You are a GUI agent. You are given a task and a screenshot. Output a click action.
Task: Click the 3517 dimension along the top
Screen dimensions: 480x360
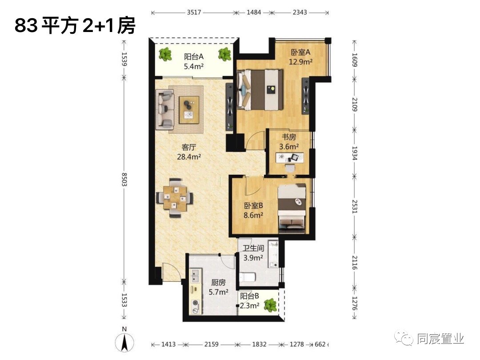[194, 12]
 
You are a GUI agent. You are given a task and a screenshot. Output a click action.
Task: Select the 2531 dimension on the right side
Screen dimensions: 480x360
[355, 207]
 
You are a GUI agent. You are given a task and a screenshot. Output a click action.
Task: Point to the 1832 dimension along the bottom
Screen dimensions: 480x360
[259, 344]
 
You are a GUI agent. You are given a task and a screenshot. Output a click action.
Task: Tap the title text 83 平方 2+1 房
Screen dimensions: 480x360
[75, 26]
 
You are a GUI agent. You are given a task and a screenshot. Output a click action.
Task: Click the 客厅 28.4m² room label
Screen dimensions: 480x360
[189, 152]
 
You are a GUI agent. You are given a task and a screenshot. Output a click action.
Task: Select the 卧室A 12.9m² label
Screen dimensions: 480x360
[300, 56]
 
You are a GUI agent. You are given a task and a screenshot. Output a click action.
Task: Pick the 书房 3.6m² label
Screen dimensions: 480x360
[289, 142]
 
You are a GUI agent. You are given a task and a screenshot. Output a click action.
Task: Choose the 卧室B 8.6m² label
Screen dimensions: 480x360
[253, 210]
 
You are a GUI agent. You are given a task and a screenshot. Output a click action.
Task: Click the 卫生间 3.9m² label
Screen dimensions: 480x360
[253, 253]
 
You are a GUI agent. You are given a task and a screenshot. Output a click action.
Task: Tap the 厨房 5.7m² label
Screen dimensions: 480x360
[218, 287]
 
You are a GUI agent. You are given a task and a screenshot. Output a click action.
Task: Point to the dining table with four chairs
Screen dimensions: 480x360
[175, 198]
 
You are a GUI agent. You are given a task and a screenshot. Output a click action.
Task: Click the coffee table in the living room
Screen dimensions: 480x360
[189, 110]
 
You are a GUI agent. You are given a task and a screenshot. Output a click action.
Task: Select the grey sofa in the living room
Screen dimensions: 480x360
[165, 109]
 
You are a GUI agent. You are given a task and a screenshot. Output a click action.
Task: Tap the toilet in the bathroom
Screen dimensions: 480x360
[248, 278]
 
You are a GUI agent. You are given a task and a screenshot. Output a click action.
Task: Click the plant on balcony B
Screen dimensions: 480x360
[270, 305]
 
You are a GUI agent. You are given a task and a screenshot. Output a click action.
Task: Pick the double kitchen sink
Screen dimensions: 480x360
[196, 276]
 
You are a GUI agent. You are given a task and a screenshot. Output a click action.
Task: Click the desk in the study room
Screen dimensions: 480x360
[290, 158]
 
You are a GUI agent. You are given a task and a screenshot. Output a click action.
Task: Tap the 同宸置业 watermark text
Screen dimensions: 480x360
[440, 339]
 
